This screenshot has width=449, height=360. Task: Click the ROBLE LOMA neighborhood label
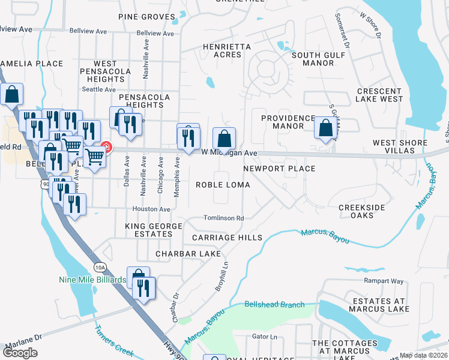coord(223,185)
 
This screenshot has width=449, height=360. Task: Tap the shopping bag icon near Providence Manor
coord(325,128)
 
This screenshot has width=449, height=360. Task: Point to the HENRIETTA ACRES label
coord(222,50)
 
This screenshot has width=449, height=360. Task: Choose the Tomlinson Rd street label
coord(223,218)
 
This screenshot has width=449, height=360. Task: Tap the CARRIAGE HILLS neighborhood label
coord(227,238)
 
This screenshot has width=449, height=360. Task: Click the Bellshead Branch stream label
coord(275,305)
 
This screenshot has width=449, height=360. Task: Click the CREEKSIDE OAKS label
coord(364,211)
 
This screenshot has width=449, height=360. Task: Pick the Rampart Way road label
coord(384,280)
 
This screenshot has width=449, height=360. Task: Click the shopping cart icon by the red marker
coord(94,157)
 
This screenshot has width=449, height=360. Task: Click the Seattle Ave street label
coord(98,89)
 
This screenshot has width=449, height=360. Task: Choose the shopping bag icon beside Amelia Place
coord(12,94)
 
